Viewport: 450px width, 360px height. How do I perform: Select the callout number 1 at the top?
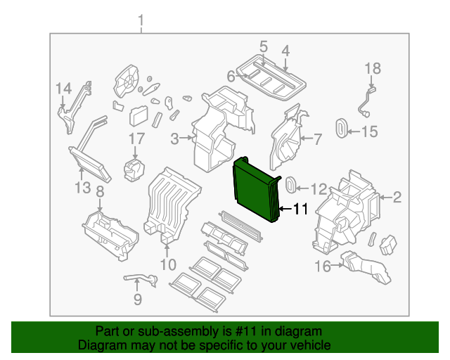[141, 20]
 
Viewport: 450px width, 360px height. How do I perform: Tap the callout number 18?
[372, 68]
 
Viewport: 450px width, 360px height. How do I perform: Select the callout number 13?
[83, 188]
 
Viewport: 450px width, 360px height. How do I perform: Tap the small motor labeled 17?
[133, 169]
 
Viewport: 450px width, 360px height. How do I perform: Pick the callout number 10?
[167, 264]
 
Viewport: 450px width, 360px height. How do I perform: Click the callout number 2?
[397, 198]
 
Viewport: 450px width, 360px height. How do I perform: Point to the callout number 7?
[316, 139]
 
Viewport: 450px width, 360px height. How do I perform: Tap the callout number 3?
[175, 139]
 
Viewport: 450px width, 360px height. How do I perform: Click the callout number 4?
[285, 50]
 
